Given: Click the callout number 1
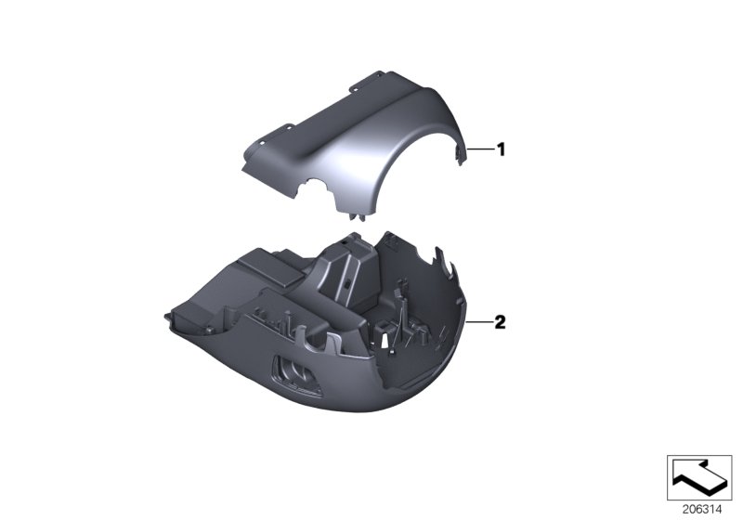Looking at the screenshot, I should click(500, 149).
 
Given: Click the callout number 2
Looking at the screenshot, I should click(500, 322).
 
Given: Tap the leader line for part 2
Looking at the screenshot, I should click(480, 322).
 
